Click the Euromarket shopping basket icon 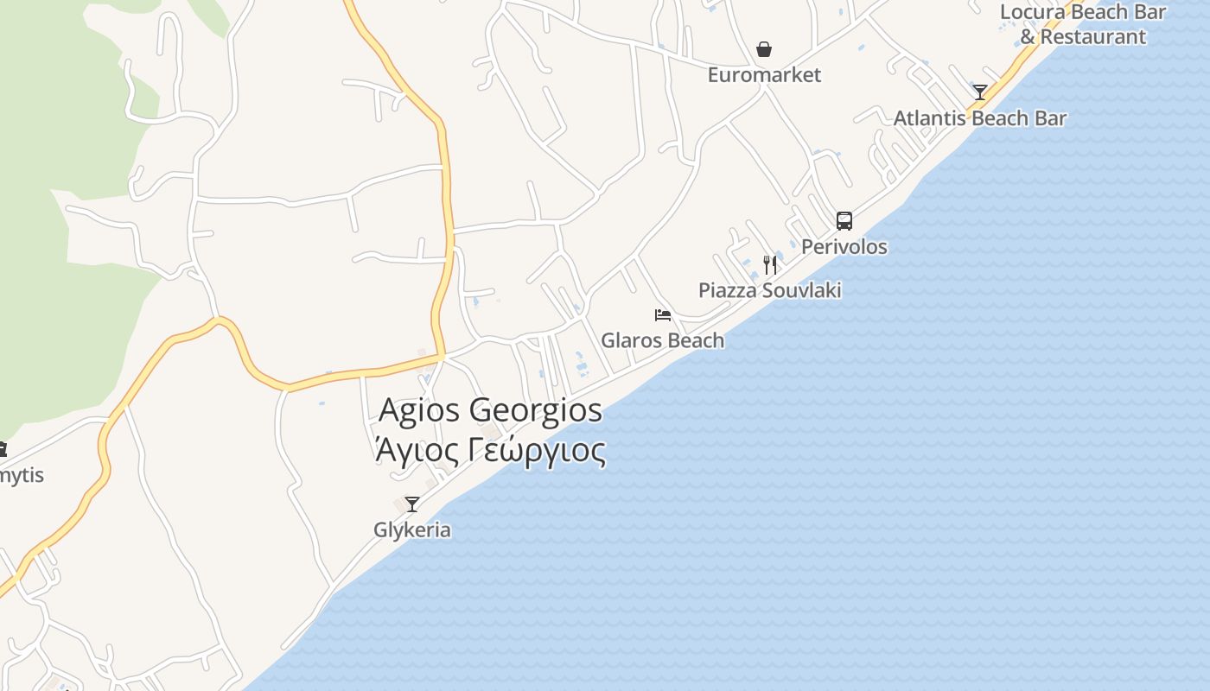tap(764, 50)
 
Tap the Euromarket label tap(764, 75)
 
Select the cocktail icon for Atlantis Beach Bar tap(979, 92)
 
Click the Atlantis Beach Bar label tap(979, 118)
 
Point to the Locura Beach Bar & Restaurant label tap(1082, 24)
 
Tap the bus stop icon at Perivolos tap(844, 221)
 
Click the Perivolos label tap(844, 247)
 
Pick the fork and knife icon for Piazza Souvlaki tap(769, 264)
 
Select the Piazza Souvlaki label tap(769, 290)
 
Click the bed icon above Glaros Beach tap(663, 315)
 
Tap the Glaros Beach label tap(662, 340)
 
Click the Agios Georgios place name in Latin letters tap(490, 409)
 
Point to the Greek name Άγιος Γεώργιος tap(490, 450)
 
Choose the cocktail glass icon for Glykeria tap(412, 504)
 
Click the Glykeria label tap(411, 529)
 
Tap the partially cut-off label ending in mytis tap(21, 475)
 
